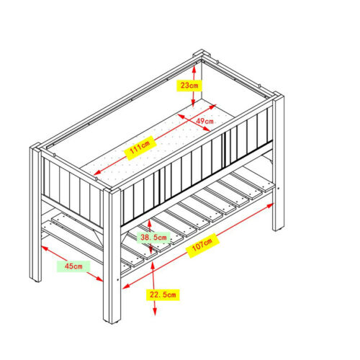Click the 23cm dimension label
point(189,86)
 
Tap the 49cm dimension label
point(204,121)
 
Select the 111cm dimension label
point(140,148)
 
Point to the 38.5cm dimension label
point(153,238)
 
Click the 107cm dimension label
point(202,246)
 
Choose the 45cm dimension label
point(73,266)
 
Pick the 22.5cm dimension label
point(163,294)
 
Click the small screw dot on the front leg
point(117,279)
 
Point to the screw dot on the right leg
point(279,189)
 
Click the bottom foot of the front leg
point(112,322)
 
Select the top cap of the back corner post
point(202,53)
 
